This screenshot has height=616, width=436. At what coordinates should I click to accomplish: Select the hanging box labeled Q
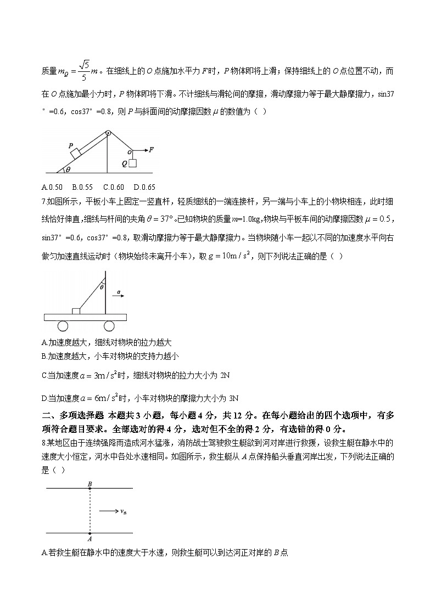click(132, 162)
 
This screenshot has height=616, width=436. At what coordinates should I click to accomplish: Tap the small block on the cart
click(76, 311)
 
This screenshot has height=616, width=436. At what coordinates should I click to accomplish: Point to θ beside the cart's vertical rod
click(100, 286)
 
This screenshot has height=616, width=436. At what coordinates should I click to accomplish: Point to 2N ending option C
click(225, 375)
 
